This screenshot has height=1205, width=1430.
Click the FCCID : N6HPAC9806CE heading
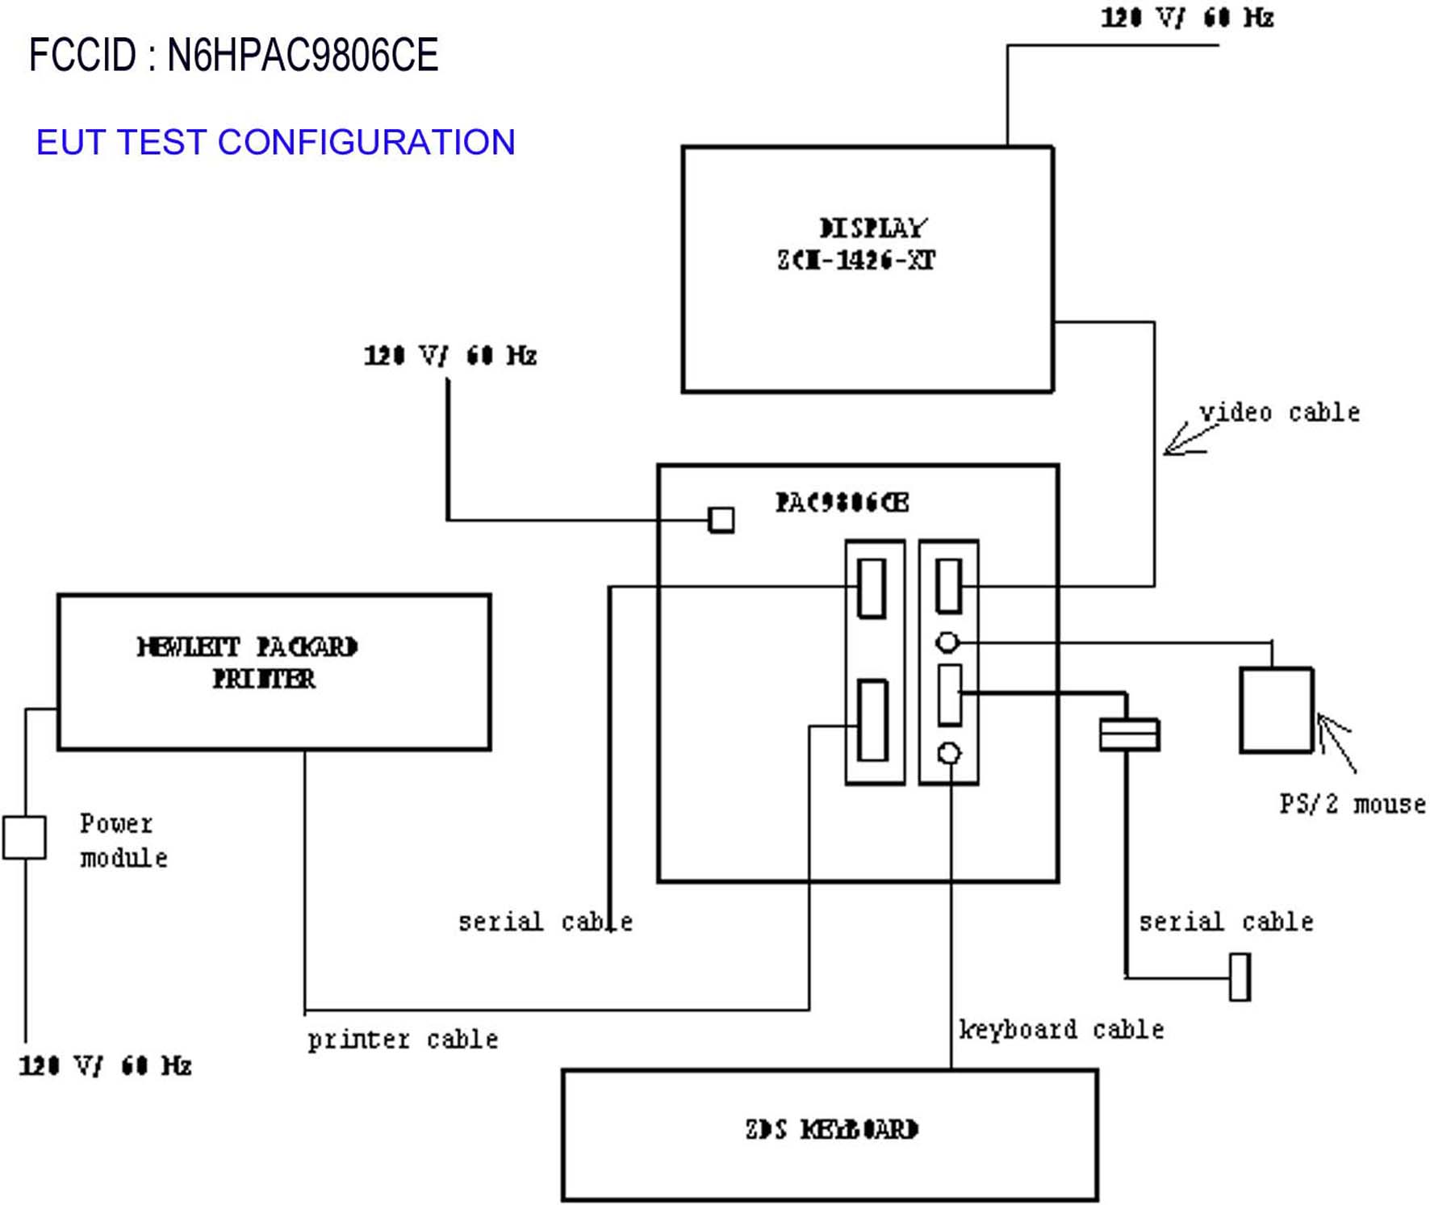(x=233, y=55)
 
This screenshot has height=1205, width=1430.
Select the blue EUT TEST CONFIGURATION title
(x=275, y=142)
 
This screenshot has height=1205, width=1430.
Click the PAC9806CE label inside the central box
(x=842, y=503)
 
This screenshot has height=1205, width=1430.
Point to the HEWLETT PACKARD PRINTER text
(x=248, y=663)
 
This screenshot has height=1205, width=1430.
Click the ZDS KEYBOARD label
(x=831, y=1129)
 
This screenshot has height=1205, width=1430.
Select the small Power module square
(x=24, y=837)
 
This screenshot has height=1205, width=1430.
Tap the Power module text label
(x=123, y=840)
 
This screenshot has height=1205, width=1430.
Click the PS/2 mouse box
(x=1276, y=710)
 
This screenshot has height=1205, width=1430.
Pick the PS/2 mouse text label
(x=1352, y=804)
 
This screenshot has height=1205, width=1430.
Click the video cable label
(x=1278, y=412)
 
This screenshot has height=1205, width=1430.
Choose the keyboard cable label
(x=1060, y=1029)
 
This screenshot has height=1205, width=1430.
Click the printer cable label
(x=402, y=1039)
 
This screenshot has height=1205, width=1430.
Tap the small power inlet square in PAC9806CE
(x=721, y=520)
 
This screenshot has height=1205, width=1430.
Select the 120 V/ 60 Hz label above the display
(x=1186, y=18)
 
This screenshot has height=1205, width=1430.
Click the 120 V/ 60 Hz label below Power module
(x=105, y=1065)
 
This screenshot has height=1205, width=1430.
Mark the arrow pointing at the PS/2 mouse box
(x=1336, y=741)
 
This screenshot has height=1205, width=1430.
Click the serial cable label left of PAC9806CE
(x=545, y=922)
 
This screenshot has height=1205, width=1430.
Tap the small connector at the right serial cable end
(x=1240, y=977)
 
